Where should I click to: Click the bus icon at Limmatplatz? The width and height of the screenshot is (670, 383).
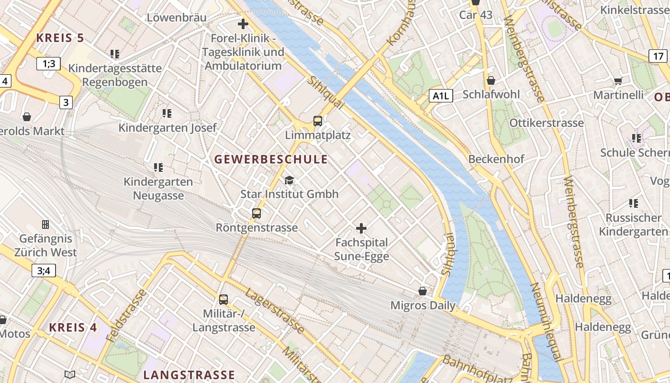pos(317,121)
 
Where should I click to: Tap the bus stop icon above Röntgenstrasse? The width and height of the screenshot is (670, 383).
pos(257,214)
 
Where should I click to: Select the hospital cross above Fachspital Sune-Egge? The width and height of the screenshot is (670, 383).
pos(361,228)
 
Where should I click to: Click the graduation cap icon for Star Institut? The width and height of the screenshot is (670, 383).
pos(289,180)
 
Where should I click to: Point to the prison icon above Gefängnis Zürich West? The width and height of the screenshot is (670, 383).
pos(45,224)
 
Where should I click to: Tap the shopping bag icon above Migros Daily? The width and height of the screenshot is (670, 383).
pos(423,291)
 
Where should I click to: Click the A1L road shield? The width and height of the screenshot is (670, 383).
pos(440,96)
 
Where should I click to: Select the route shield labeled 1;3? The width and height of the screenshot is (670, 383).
pos(49,63)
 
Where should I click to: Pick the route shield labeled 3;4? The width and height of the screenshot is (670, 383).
pos(44,270)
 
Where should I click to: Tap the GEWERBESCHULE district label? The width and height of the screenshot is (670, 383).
pos(271,159)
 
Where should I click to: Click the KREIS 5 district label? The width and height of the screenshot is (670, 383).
pos(60,38)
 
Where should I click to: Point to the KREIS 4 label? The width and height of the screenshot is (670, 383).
pos(73,328)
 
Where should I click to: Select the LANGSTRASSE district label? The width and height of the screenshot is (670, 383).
pos(189,374)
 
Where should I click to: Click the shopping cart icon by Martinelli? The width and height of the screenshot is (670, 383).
pos(618,81)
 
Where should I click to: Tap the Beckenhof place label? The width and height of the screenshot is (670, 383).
pos(496,159)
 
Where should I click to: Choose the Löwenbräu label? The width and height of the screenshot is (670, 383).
pos(177,18)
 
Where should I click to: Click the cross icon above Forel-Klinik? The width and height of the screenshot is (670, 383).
pos(243,23)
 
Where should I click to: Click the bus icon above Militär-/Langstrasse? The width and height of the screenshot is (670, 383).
pos(223,300)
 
